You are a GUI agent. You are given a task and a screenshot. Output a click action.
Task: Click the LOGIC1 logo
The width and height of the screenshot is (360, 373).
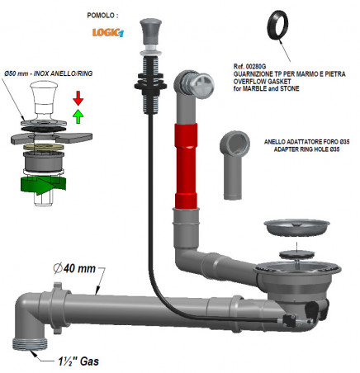(x=108, y=32)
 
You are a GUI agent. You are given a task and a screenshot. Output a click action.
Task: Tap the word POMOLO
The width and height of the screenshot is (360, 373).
(x=101, y=16)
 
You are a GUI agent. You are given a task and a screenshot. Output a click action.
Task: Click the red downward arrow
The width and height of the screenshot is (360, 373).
(x=78, y=98)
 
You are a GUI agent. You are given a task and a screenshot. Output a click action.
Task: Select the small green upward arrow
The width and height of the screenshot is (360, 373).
(x=78, y=116)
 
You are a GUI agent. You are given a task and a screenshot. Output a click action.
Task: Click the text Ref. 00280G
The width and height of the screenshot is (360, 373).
(x=249, y=67)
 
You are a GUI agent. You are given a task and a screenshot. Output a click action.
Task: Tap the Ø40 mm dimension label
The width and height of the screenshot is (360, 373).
(x=74, y=268)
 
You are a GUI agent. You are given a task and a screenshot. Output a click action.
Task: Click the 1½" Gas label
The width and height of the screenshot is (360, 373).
(x=78, y=361)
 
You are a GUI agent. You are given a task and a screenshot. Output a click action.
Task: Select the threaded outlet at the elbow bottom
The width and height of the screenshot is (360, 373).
(x=30, y=344)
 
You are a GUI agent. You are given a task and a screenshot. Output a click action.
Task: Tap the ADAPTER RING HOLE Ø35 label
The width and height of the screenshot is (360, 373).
(x=306, y=149)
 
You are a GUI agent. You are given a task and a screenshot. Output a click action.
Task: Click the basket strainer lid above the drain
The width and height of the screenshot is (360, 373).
(x=296, y=227)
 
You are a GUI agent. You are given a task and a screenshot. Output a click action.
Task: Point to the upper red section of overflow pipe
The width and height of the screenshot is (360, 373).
(x=186, y=135)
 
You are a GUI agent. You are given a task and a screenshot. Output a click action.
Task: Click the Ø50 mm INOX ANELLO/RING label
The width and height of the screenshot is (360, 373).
(x=49, y=73)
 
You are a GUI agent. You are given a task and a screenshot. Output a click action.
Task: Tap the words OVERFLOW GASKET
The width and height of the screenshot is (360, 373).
(x=262, y=82)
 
